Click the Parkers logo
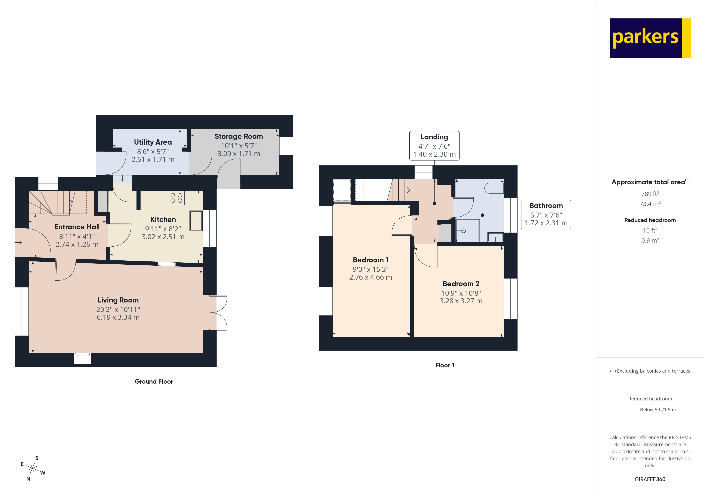(x=649, y=38)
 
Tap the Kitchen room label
(x=163, y=220)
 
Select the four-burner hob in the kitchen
(x=176, y=198)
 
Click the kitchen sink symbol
(x=196, y=221)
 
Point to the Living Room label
(x=118, y=300)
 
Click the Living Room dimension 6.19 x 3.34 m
(x=118, y=318)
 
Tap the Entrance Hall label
(x=77, y=227)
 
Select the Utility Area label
(x=153, y=142)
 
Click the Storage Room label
(x=239, y=136)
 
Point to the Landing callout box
(x=434, y=146)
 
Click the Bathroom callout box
(x=546, y=215)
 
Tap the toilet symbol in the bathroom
(x=493, y=188)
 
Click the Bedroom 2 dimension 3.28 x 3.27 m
(x=461, y=301)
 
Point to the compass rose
(x=32, y=469)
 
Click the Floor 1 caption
(x=444, y=365)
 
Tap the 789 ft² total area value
(x=650, y=194)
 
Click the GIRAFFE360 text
(x=650, y=479)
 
